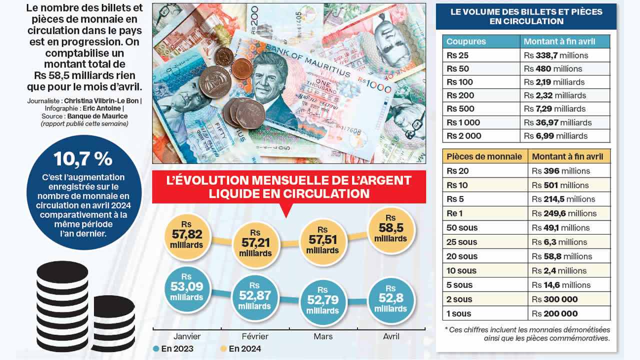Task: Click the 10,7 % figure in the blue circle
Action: click(x=83, y=159)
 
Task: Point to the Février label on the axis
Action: click(x=254, y=336)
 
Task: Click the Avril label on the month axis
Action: click(x=390, y=336)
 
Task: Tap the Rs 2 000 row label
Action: click(x=463, y=136)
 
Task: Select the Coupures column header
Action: click(x=466, y=41)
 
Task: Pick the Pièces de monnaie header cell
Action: click(x=484, y=156)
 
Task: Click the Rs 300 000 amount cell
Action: click(x=554, y=299)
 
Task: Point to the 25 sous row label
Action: click(x=461, y=242)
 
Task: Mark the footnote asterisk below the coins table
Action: click(x=446, y=329)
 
